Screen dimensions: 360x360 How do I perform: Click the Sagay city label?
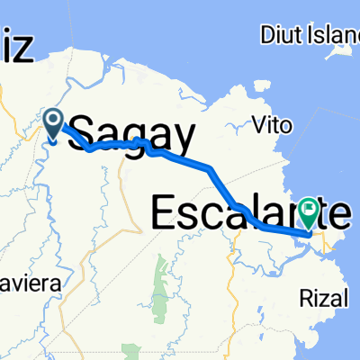pyautogui.click(x=131, y=137)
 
